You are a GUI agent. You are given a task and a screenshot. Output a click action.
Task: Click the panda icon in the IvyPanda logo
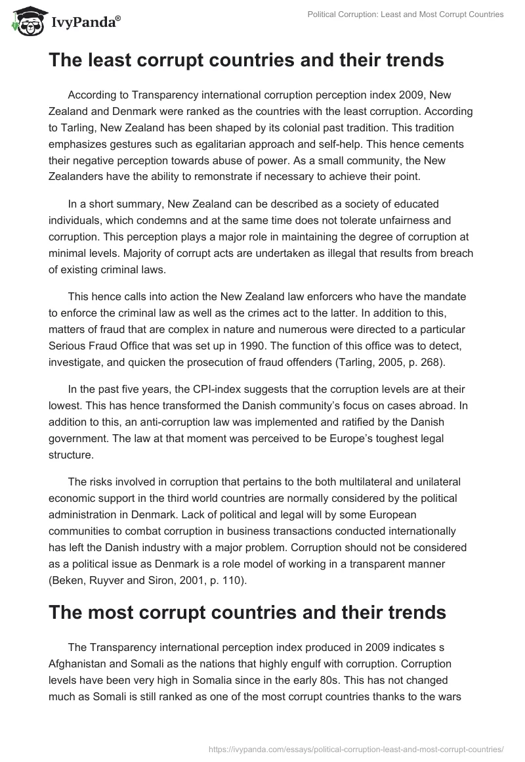pos(25,21)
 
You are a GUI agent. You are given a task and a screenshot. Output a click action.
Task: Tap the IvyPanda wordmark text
pos(85,22)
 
